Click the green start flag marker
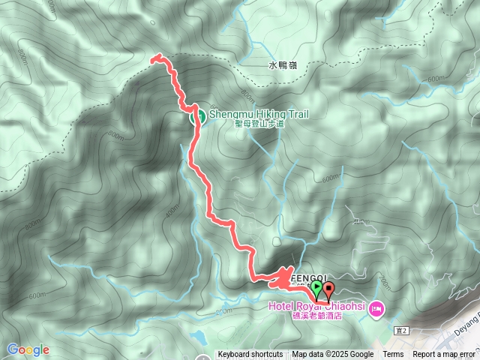click(317, 289)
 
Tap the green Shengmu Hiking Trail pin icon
click(199, 115)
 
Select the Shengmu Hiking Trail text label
click(259, 114)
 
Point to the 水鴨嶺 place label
click(283, 66)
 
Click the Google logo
click(28, 349)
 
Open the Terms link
click(393, 355)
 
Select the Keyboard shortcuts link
click(250, 355)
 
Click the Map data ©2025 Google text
click(333, 355)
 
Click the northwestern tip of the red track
click(154, 58)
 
